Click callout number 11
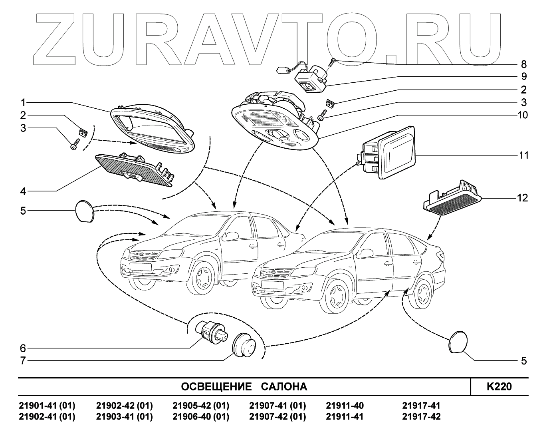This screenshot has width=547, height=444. point(523,155)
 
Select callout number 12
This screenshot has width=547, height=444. point(522,198)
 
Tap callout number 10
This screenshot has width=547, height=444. point(522,115)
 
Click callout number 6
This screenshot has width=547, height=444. point(23,348)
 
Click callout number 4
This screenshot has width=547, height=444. point(23,191)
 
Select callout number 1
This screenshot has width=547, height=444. point(23,102)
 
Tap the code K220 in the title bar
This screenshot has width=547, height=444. point(499,386)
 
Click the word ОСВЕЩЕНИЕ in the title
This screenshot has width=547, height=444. point(216,387)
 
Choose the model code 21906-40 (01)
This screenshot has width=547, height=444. point(201,416)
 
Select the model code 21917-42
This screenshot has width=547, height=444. point(421,416)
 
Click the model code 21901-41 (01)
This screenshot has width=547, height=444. point(47,406)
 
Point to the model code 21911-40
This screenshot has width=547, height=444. point(345,406)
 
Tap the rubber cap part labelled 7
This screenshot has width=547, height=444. point(244,344)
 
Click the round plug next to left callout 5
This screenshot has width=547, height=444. point(84,211)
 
